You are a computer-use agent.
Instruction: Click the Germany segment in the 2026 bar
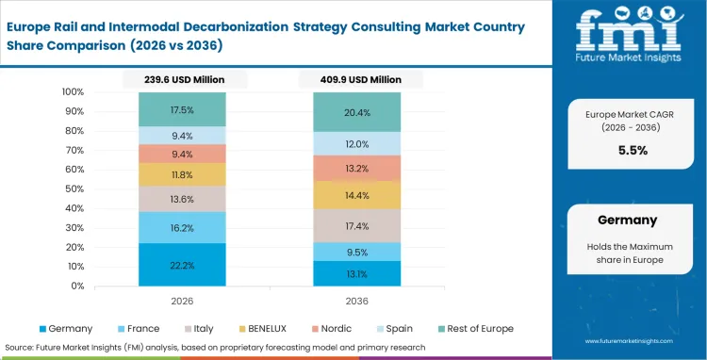[x=182, y=265]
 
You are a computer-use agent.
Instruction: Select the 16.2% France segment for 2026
[x=182, y=227]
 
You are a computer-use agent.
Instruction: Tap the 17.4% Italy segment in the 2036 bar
[x=358, y=226]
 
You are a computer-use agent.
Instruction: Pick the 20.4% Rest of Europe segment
[x=358, y=112]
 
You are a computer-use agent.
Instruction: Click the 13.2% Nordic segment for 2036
[x=358, y=169]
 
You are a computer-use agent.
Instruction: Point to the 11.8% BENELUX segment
[x=182, y=174]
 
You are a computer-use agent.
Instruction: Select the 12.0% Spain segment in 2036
[x=358, y=143]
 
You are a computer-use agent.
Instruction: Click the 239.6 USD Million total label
[x=182, y=80]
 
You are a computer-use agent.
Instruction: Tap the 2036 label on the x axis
[x=358, y=301]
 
